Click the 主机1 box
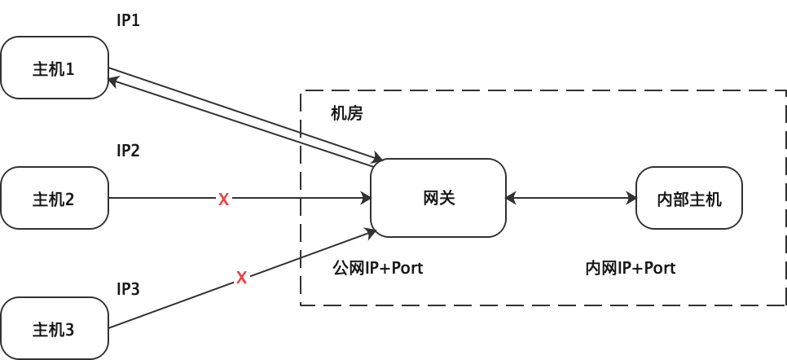(55, 68)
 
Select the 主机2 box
(55, 198)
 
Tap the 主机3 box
(55, 328)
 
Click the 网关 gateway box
(438, 198)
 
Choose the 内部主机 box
(688, 198)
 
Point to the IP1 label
(129, 20)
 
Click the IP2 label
(129, 151)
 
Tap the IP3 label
(129, 289)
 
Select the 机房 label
(346, 113)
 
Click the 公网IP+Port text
(379, 268)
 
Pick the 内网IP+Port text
(631, 268)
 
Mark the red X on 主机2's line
(223, 199)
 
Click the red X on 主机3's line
(241, 278)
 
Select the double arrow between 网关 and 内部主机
(570, 198)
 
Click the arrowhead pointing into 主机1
(115, 80)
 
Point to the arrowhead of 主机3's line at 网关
(372, 234)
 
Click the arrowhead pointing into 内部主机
(631, 198)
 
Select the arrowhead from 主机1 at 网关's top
(377, 157)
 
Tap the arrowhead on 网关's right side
(511, 198)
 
